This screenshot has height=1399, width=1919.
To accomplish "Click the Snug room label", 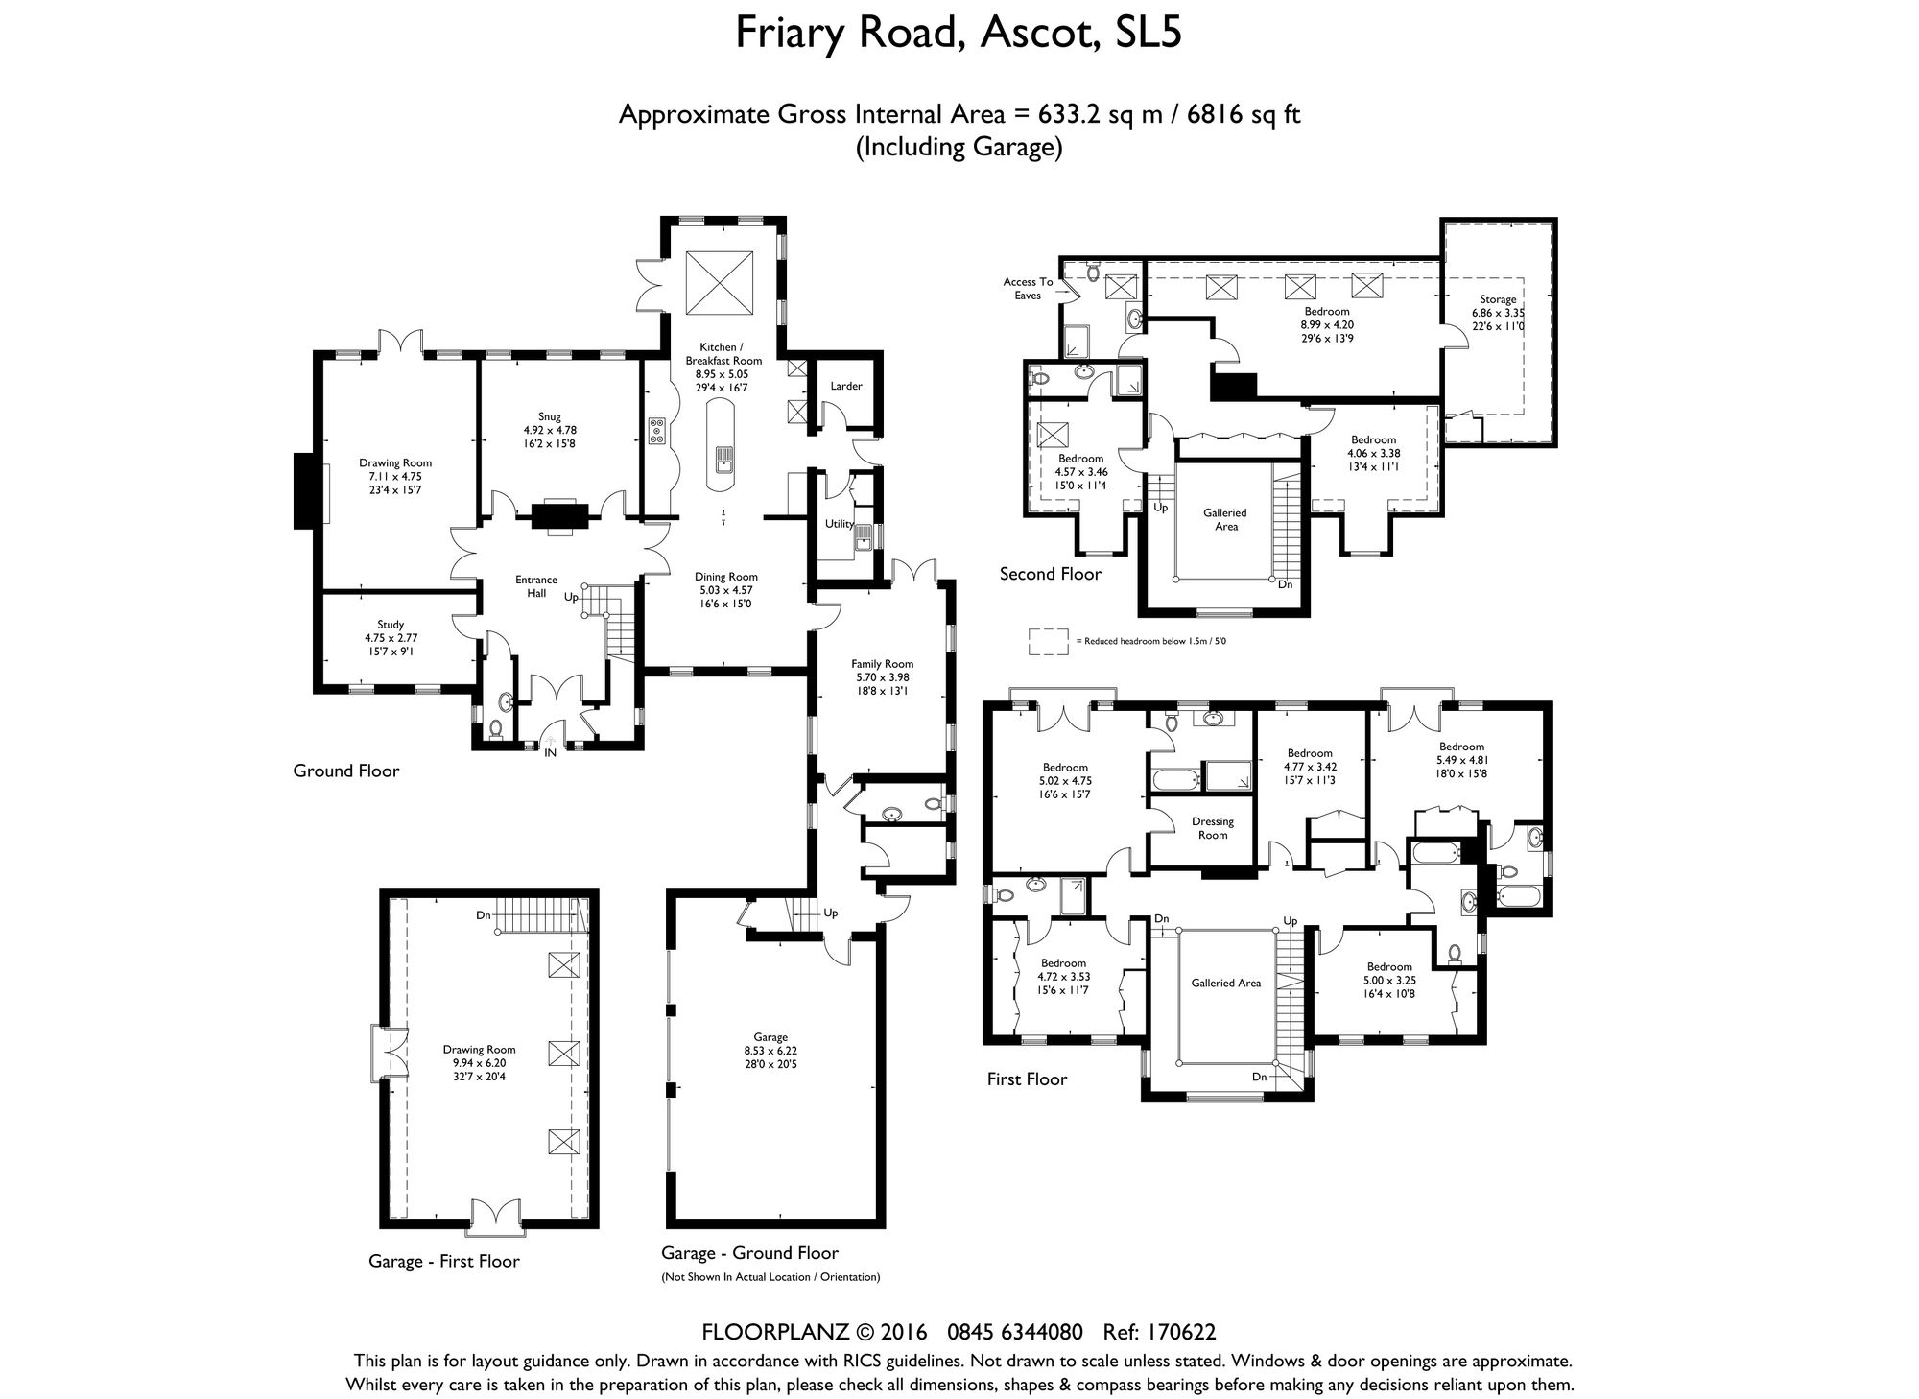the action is click(550, 416).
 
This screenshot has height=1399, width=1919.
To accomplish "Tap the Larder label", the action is click(846, 386).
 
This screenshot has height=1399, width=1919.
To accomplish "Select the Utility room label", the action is click(840, 524).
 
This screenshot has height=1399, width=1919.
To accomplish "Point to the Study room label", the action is click(391, 625).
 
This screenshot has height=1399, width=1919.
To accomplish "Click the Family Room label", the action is click(883, 664).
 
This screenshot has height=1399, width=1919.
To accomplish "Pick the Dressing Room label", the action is click(1213, 828).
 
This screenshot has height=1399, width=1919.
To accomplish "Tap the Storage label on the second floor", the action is click(1498, 299).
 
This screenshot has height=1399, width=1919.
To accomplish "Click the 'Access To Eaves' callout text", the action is click(1028, 288).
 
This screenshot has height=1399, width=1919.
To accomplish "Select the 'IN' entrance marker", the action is click(551, 753).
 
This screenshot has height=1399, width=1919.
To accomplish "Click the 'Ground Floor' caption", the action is click(346, 771).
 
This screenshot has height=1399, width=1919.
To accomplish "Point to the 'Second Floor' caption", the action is click(1051, 574).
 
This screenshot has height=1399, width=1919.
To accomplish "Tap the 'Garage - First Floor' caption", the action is click(444, 1261).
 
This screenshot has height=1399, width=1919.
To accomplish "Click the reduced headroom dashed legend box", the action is click(1049, 641).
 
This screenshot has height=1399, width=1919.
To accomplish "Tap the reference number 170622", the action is click(1182, 1332).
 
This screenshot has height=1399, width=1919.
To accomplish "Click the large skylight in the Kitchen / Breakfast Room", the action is click(720, 281).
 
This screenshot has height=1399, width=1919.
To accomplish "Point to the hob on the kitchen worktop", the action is click(658, 431).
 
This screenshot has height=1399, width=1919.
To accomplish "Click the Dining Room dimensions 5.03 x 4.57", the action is click(724, 590).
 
